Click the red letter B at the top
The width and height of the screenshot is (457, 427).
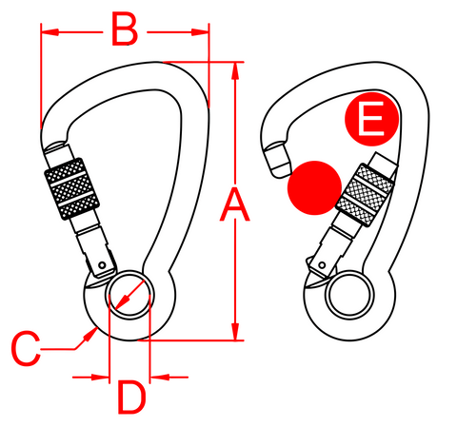click(124, 30)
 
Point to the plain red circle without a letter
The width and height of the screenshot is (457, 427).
click(314, 186)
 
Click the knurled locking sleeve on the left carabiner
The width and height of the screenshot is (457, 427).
click(70, 186)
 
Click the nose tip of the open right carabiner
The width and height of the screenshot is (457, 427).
click(276, 157)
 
